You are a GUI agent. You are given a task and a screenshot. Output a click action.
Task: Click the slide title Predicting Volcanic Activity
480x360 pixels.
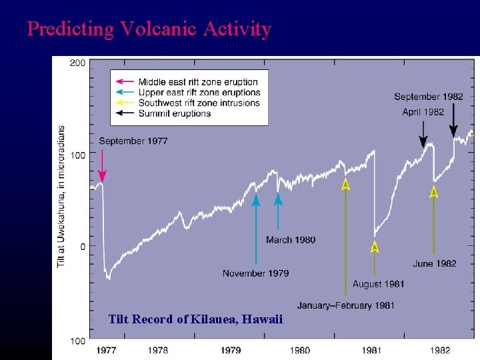pyautogui.click(x=149, y=29)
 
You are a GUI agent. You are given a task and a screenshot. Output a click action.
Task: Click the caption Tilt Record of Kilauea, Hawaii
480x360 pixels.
pyautogui.click(x=195, y=320)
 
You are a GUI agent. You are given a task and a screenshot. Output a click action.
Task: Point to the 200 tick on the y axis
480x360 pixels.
pyautogui.click(x=77, y=63)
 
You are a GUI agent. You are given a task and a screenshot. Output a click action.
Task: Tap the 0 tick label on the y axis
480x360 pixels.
pyautogui.click(x=82, y=247)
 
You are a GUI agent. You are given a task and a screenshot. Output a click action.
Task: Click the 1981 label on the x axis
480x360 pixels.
pyautogui.click(x=371, y=350)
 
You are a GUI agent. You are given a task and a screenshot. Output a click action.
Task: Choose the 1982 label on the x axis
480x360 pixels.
pyautogui.click(x=440, y=350)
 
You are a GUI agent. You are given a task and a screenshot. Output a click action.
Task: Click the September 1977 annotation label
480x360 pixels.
pyautogui.click(x=133, y=141)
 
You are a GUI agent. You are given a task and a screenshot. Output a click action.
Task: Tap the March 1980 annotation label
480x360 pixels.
pyautogui.click(x=291, y=240)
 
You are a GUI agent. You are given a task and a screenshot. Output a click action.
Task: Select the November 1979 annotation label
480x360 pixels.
pyautogui.click(x=255, y=273)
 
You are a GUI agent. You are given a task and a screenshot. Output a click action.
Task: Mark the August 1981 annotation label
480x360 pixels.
pyautogui.click(x=378, y=285)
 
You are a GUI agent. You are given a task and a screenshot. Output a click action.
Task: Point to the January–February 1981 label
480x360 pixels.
pyautogui.click(x=345, y=306)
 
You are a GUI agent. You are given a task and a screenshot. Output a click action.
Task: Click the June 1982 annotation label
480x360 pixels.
pyautogui.click(x=435, y=264)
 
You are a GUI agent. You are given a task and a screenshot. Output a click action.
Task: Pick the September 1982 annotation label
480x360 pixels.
pyautogui.click(x=428, y=97)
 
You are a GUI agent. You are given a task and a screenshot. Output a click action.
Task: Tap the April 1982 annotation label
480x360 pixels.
pyautogui.click(x=423, y=112)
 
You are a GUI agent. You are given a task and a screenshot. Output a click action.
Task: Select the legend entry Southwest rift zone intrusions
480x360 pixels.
pyautogui.click(x=199, y=103)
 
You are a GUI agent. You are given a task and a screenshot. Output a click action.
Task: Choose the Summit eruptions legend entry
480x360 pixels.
pyautogui.click(x=175, y=113)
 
